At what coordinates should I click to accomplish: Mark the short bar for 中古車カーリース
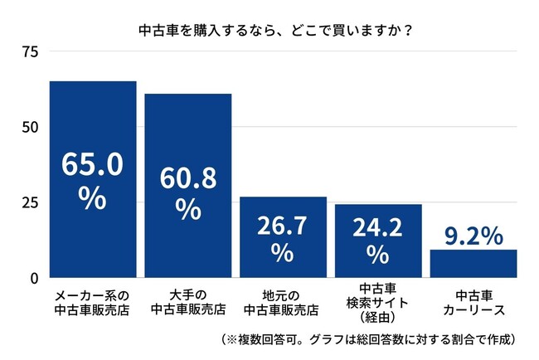[473, 263]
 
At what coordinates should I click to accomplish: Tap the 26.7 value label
[284, 226]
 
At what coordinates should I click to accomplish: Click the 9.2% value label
[472, 236]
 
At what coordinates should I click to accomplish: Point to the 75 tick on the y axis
[30, 52]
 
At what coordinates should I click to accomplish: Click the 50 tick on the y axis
[30, 127]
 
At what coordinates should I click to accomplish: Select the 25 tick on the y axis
[30, 202]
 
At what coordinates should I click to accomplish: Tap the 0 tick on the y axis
[34, 278]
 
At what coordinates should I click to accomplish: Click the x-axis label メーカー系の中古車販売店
[92, 304]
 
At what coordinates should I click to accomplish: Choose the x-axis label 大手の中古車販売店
[188, 304]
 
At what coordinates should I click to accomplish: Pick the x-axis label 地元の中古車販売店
[284, 304]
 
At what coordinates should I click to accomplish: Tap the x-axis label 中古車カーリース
[473, 304]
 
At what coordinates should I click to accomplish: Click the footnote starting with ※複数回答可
[370, 339]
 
